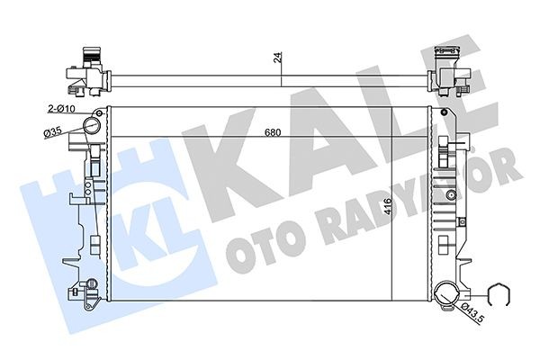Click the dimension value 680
[x=273, y=134]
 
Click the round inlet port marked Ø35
[x=92, y=127]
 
